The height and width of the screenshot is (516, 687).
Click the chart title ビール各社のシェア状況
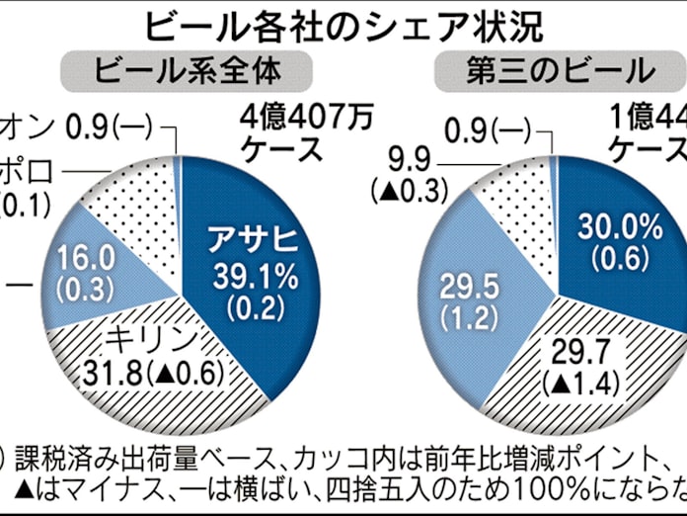tap(343, 25)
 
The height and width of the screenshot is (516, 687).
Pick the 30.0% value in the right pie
tap(620, 226)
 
